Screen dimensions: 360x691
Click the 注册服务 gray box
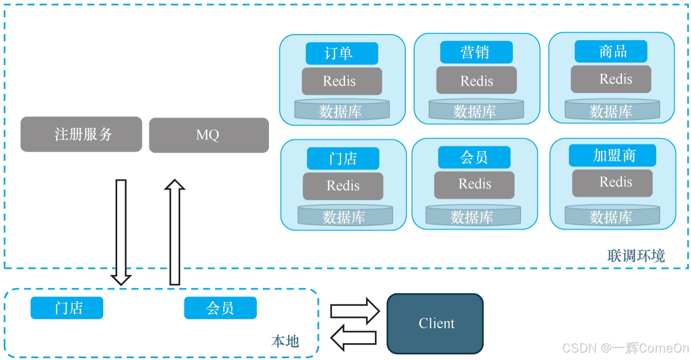click(81, 134)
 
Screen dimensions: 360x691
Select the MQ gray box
click(209, 135)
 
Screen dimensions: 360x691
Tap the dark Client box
click(435, 324)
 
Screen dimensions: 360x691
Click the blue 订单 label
click(342, 53)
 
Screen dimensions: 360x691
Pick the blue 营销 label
click(476, 52)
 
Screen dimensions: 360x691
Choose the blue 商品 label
click(611, 51)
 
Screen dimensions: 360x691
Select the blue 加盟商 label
click(612, 155)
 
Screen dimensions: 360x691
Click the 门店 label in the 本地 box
click(67, 308)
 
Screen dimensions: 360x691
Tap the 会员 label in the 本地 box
click(220, 308)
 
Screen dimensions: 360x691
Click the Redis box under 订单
click(342, 81)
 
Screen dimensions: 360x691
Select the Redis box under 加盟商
click(612, 183)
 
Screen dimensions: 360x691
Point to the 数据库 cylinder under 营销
click(476, 111)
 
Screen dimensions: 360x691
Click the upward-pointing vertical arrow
click(175, 232)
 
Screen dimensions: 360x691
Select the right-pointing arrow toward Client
click(355, 311)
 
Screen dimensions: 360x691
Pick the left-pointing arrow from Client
click(354, 338)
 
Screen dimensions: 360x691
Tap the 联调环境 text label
click(636, 255)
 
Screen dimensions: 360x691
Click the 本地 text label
click(285, 341)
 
